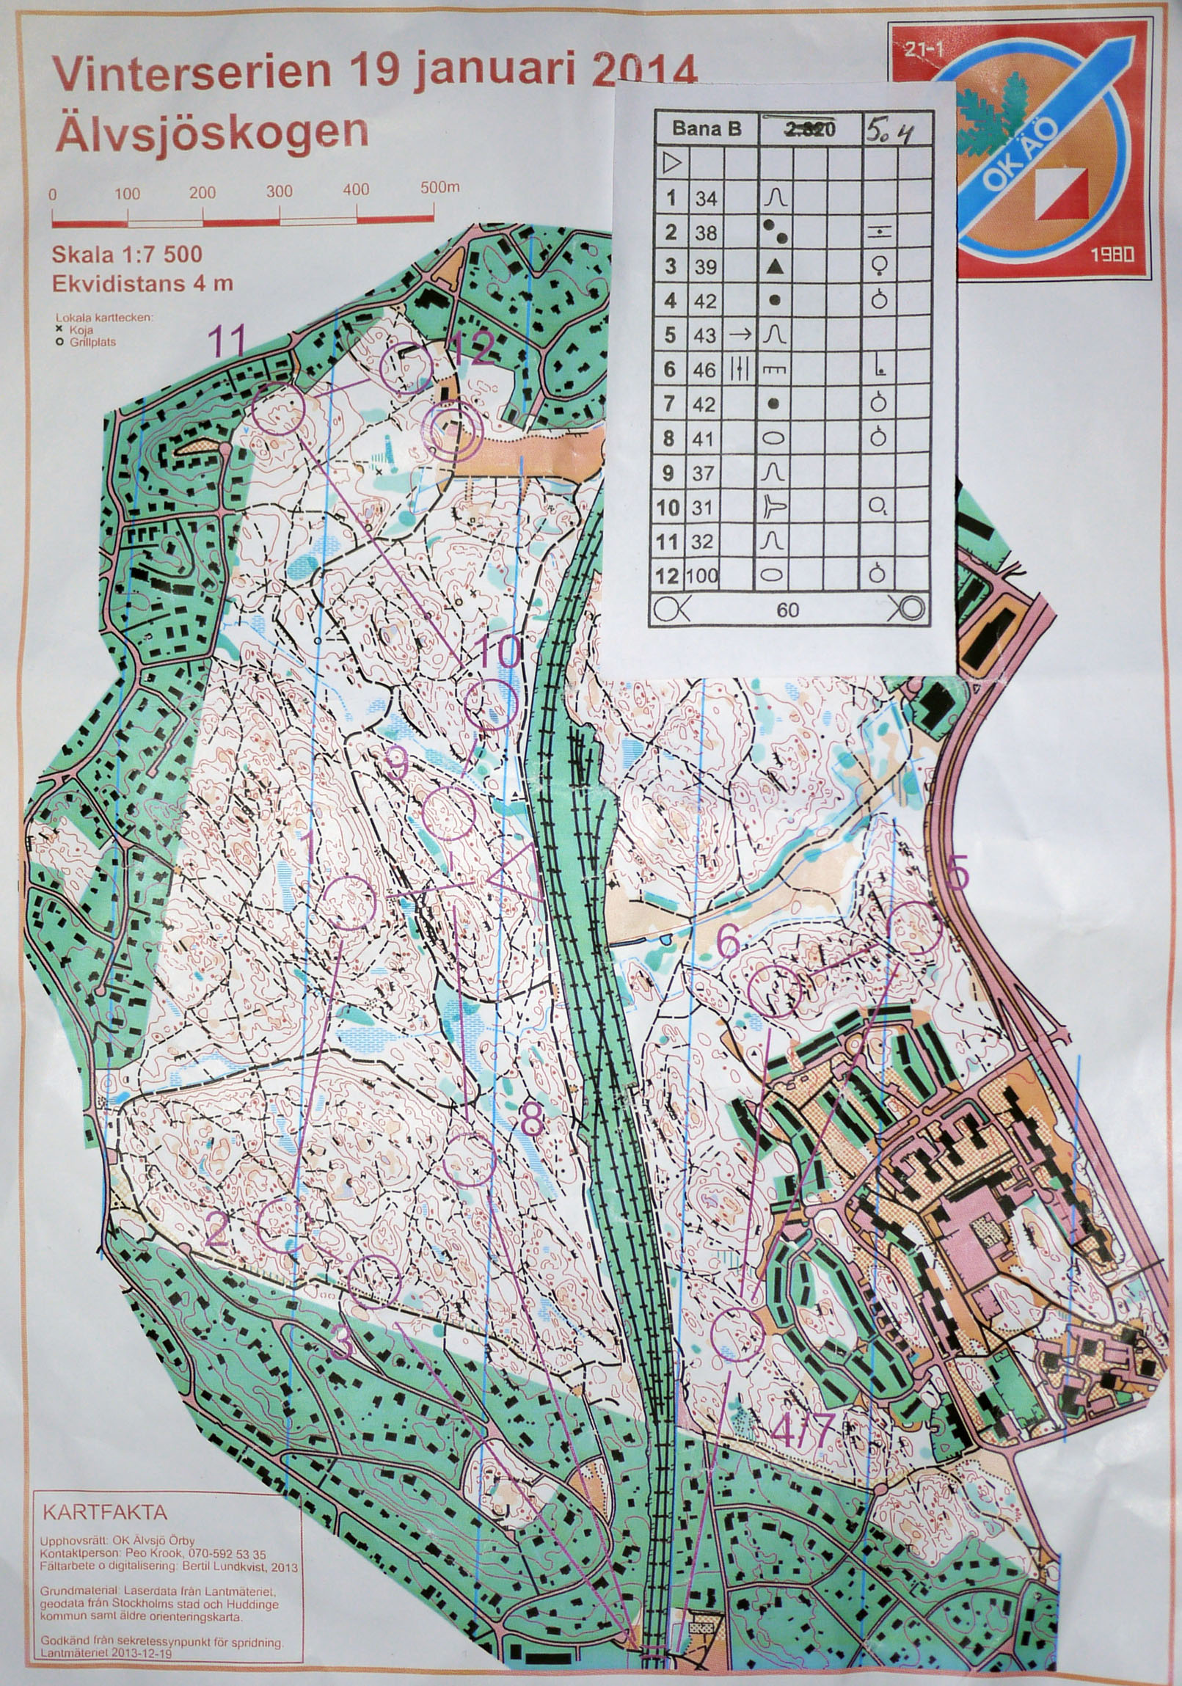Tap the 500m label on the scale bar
[439, 187]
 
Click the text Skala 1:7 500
[126, 255]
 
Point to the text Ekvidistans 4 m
[142, 283]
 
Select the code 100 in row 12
[702, 576]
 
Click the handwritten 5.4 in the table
[889, 131]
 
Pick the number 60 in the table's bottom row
[787, 610]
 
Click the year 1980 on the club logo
[1112, 255]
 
